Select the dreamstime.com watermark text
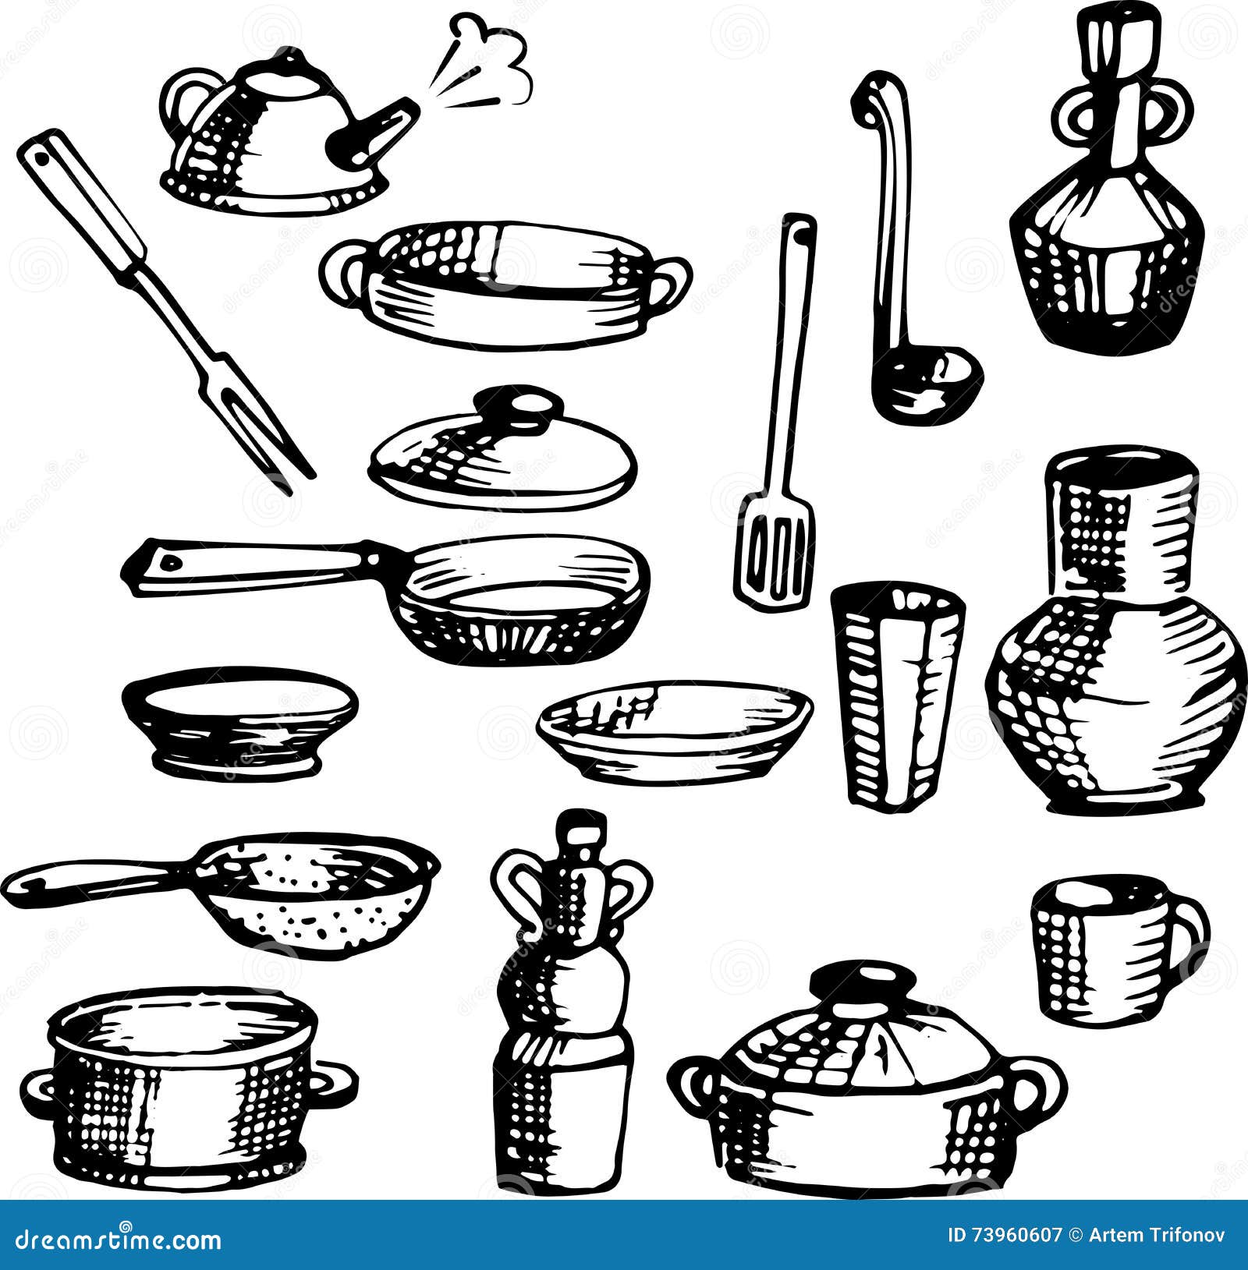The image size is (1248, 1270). tap(112, 1238)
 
